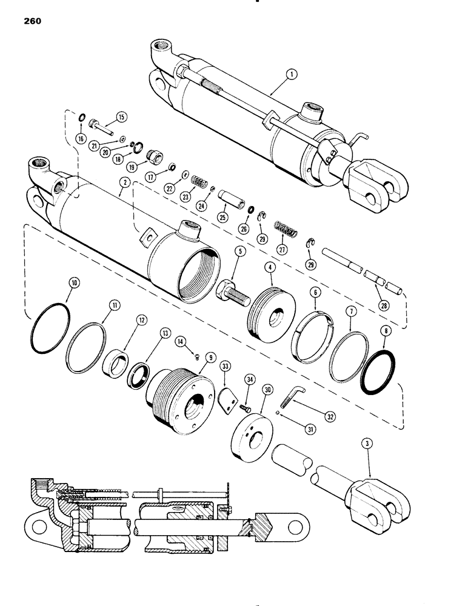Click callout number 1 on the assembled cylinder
coord(292,75)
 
